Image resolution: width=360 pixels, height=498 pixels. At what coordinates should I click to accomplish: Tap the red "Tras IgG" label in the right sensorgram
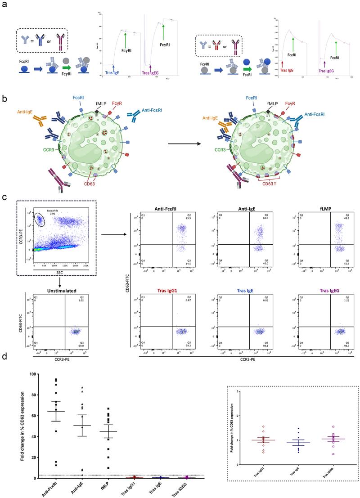coord(283,70)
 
